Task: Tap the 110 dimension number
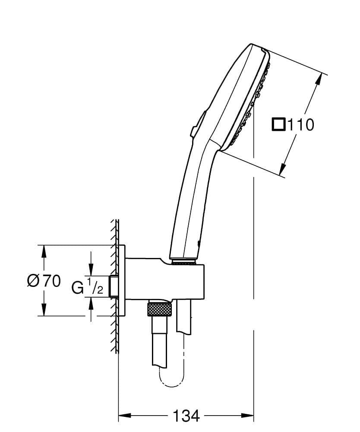click(300, 125)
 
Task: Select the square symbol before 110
click(278, 124)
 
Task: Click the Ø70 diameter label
click(44, 281)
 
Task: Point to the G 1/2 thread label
click(88, 286)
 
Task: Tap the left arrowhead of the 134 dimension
click(124, 416)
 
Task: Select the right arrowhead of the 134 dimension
click(247, 416)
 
